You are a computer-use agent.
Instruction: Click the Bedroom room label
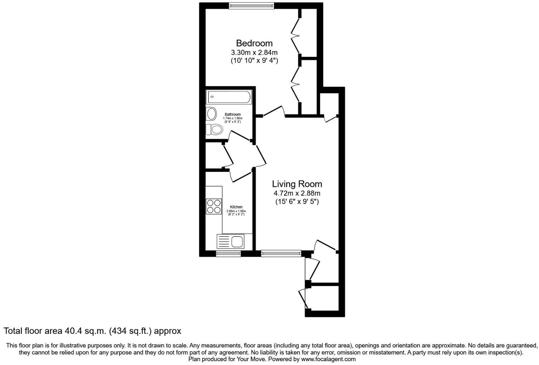(254, 43)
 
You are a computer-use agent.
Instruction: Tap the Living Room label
(297, 184)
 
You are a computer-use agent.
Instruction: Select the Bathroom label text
(233, 114)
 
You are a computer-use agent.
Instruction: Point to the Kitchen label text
(236, 207)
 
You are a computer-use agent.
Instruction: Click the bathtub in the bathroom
(229, 97)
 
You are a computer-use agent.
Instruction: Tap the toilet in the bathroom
(214, 130)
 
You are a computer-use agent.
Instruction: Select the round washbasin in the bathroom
(212, 114)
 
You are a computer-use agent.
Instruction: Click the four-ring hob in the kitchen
(214, 206)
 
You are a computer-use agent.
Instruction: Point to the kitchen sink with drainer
(231, 242)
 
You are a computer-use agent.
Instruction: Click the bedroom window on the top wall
(251, 6)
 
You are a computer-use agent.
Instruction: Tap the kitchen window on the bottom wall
(228, 254)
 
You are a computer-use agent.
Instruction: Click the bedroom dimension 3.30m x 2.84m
(254, 53)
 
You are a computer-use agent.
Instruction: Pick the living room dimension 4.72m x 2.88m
(297, 193)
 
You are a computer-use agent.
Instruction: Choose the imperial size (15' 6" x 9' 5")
(297, 202)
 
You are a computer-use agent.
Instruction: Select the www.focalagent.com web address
(328, 359)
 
